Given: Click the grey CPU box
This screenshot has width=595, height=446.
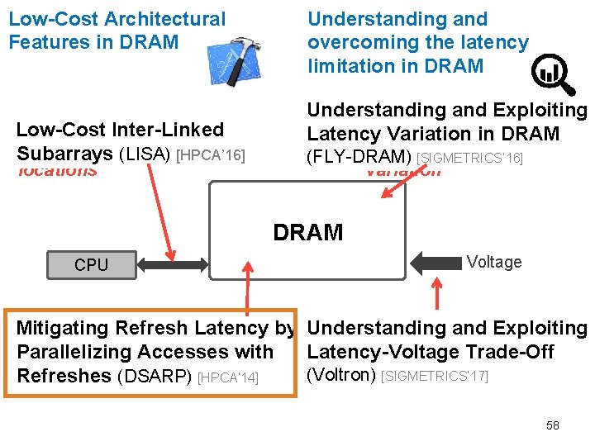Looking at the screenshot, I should tap(91, 264).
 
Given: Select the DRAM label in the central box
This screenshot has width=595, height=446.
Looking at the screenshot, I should tap(307, 233).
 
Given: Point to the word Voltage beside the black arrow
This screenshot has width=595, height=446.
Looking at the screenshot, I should tap(493, 262).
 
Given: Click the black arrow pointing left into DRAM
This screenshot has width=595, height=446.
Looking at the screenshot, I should tap(435, 263).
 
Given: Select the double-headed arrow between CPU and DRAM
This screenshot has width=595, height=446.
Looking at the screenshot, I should tap(174, 264).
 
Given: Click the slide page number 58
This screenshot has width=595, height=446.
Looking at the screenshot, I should tap(552, 425).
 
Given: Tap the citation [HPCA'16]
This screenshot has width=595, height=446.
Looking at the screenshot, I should tap(212, 155).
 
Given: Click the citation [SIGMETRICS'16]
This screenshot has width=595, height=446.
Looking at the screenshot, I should tap(469, 158).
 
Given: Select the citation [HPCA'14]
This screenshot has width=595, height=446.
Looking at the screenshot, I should tap(229, 377).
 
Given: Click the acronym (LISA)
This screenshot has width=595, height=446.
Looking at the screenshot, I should tap(146, 154).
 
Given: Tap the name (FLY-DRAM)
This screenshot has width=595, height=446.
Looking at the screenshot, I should tap(359, 156).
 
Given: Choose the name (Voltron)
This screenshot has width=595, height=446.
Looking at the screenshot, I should tap(341, 376).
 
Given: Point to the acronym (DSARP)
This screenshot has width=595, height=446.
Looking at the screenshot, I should tap(155, 376).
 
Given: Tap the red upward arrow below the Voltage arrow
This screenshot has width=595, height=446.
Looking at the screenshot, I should tap(437, 294).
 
